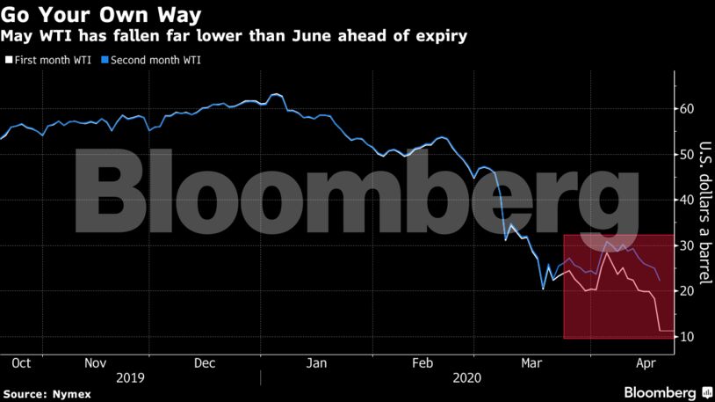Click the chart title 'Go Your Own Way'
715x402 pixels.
(103, 15)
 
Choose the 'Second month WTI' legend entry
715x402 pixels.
(153, 61)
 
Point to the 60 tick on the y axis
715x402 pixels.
(687, 109)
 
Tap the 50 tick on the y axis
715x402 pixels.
(687, 155)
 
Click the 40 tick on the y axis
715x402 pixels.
(687, 201)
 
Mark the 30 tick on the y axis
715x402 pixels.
(687, 245)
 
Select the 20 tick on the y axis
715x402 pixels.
(687, 291)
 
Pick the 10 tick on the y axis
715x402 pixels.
(687, 337)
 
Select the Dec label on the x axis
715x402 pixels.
(204, 362)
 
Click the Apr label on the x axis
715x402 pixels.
(644, 362)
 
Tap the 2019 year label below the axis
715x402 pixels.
(129, 377)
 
